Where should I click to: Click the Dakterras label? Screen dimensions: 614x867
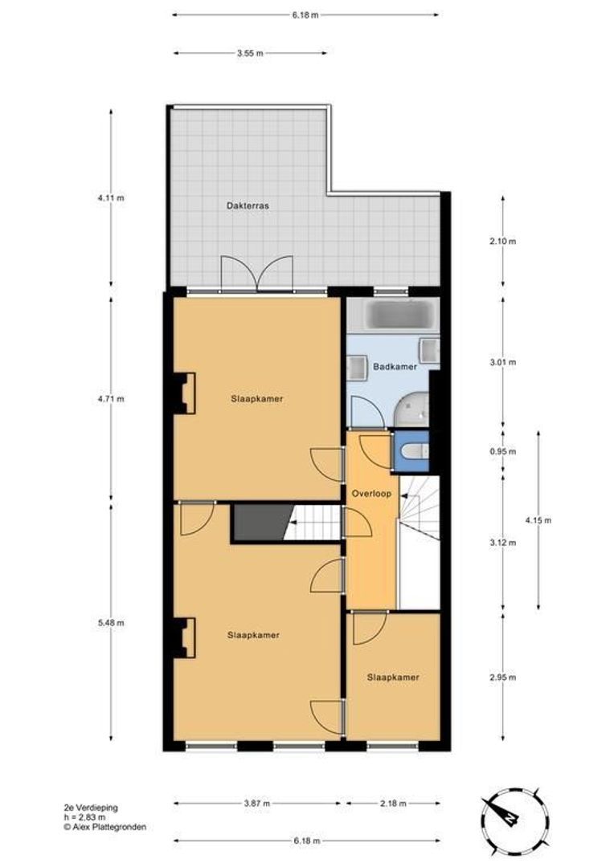pyautogui.click(x=248, y=206)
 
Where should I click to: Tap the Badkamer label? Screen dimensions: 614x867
pyautogui.click(x=395, y=367)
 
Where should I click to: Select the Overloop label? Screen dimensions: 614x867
pyautogui.click(x=371, y=494)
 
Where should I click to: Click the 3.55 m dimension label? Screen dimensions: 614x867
pyautogui.click(x=250, y=54)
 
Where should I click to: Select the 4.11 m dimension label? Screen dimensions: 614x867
pyautogui.click(x=111, y=197)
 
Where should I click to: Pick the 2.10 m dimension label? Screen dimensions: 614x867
pyautogui.click(x=503, y=241)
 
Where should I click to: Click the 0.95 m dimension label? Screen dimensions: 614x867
pyautogui.click(x=503, y=451)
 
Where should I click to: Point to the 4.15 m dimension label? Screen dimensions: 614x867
pyautogui.click(x=538, y=520)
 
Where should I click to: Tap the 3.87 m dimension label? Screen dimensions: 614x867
pyautogui.click(x=256, y=804)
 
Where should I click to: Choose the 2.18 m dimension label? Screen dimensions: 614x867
pyautogui.click(x=393, y=804)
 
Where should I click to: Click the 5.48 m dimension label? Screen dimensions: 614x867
pyautogui.click(x=111, y=623)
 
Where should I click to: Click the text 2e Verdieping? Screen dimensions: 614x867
pyautogui.click(x=90, y=808)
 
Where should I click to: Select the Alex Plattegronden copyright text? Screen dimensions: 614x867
pyautogui.click(x=104, y=827)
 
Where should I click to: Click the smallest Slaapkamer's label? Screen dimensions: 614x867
pyautogui.click(x=393, y=678)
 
